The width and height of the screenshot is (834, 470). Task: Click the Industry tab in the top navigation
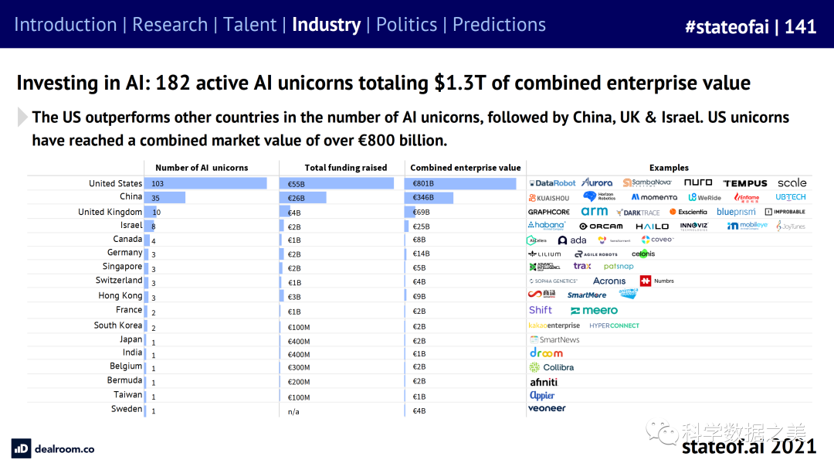(x=326, y=25)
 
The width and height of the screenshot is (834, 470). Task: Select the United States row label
(x=115, y=183)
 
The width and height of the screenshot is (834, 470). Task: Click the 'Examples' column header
(x=669, y=168)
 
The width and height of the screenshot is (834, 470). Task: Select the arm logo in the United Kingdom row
(x=594, y=212)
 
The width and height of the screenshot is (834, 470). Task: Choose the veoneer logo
(x=547, y=408)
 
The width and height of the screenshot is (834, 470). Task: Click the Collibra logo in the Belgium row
(x=551, y=367)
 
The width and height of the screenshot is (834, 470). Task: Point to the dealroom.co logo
(x=53, y=448)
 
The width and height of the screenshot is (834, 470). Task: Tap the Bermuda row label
(x=124, y=380)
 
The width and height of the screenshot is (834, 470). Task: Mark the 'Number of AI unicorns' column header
(x=202, y=168)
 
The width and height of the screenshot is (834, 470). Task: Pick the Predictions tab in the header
(x=499, y=25)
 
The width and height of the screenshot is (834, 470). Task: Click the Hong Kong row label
(x=120, y=295)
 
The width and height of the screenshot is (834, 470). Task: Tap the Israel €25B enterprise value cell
(x=420, y=226)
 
